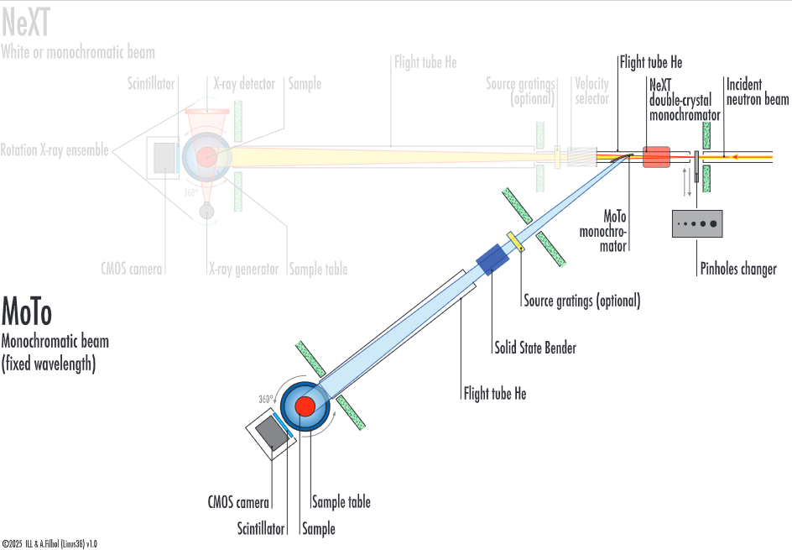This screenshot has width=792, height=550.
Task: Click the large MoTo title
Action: (27, 312)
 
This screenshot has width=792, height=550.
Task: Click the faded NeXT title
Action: (25, 23)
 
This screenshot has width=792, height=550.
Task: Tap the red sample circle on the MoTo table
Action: (304, 407)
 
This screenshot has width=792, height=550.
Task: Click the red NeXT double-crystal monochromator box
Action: (656, 156)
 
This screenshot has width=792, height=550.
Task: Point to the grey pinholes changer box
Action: (697, 223)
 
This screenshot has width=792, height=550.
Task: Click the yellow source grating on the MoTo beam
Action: (515, 240)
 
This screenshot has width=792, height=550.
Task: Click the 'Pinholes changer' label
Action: (738, 269)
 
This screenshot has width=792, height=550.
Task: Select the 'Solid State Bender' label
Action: (534, 348)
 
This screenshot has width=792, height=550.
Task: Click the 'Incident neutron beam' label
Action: (758, 92)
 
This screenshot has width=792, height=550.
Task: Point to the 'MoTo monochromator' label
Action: (604, 230)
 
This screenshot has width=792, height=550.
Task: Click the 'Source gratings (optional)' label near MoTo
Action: (581, 301)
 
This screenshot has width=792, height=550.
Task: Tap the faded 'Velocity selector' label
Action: (591, 91)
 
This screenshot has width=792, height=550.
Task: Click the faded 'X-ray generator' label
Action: (243, 270)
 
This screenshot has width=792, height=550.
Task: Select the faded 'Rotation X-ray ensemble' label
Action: (55, 150)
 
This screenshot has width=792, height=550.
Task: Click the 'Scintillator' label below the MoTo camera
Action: (260, 529)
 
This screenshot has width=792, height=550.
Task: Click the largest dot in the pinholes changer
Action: (713, 223)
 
